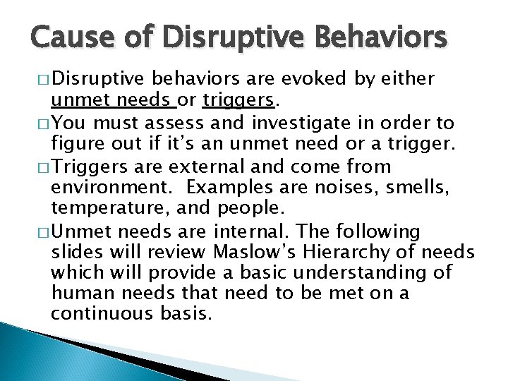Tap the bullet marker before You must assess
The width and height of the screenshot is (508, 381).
coord(37,124)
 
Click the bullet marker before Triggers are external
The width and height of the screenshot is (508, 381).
coord(37,167)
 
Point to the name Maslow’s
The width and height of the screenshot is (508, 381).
coord(247,253)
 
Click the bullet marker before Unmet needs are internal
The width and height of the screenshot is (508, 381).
coord(37,231)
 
